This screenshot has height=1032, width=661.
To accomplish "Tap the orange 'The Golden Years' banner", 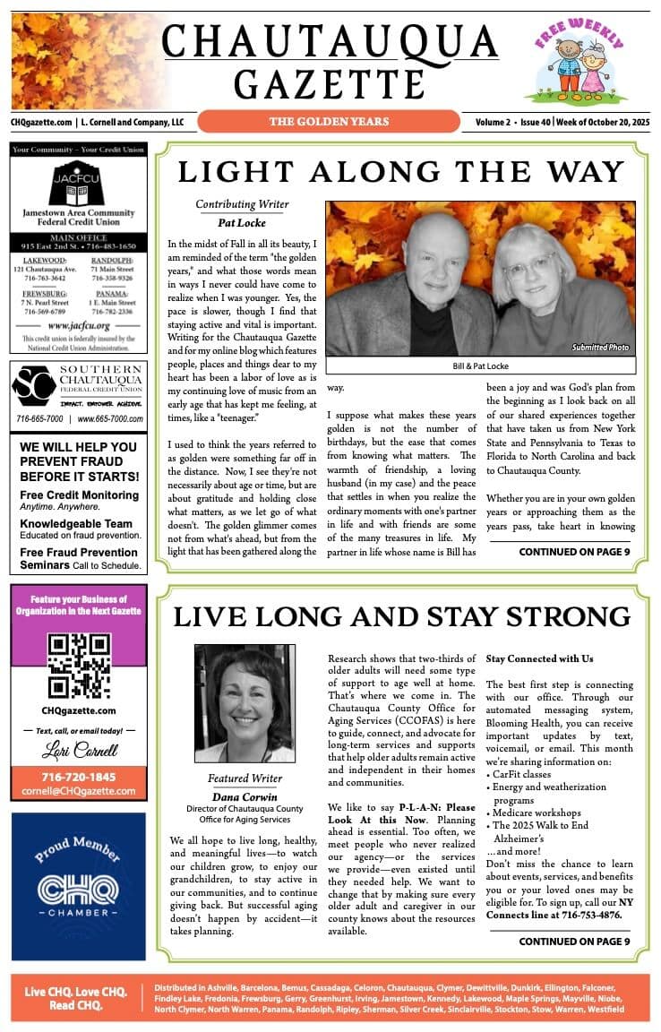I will click(x=329, y=121).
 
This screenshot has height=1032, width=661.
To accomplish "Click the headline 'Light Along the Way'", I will click(x=400, y=172).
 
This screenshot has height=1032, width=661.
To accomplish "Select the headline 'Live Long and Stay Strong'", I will click(x=401, y=616).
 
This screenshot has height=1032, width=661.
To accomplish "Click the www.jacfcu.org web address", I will click(x=79, y=326).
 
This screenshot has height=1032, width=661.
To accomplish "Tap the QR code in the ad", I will click(x=79, y=666).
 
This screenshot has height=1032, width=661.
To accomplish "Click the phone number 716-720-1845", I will click(x=79, y=777).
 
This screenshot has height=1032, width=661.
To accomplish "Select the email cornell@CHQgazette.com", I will click(x=79, y=791).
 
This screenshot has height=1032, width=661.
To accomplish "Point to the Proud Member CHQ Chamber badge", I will click(x=79, y=885).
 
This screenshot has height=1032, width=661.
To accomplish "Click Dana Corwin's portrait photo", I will click(x=244, y=702).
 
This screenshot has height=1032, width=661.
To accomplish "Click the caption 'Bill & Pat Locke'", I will click(x=480, y=368).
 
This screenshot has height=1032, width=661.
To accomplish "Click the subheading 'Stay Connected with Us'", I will click(x=539, y=658).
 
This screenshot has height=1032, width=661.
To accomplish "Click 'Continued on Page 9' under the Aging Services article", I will click(x=574, y=942).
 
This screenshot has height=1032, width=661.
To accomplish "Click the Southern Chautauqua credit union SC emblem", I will click(x=34, y=386).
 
